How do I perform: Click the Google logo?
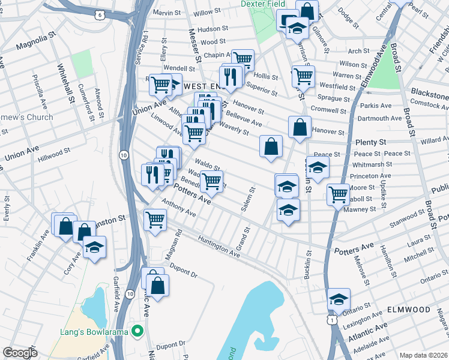(x=20, y=353)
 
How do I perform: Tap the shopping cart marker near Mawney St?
(x=339, y=194)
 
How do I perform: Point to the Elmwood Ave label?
(x=374, y=71)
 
